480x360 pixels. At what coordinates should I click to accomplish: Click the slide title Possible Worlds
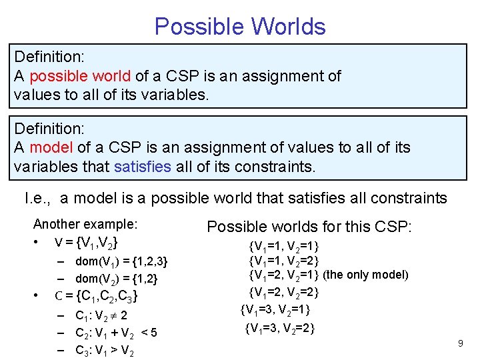coord(240,27)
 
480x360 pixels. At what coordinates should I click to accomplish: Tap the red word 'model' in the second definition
coord(47,147)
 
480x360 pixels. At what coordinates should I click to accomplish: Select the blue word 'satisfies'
coord(143,165)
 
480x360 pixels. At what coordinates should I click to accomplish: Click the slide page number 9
coord(460,343)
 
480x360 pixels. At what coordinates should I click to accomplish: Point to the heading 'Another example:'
coord(85,224)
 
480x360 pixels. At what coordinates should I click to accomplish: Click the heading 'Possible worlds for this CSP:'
coord(309,227)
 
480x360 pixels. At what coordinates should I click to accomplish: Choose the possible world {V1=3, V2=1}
coord(275,309)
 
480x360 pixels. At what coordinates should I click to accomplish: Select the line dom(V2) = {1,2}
coord(117,279)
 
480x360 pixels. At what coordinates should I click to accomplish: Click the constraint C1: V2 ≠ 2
coord(101,315)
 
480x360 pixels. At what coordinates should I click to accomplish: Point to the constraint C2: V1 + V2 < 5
coord(116,333)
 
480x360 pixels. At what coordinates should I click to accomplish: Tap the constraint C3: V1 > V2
coord(105,350)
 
